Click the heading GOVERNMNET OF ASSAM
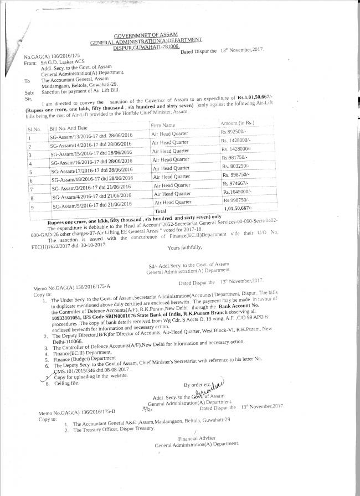coord(146,35)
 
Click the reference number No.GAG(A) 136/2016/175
coord(49,57)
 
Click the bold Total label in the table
coord(161,211)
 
